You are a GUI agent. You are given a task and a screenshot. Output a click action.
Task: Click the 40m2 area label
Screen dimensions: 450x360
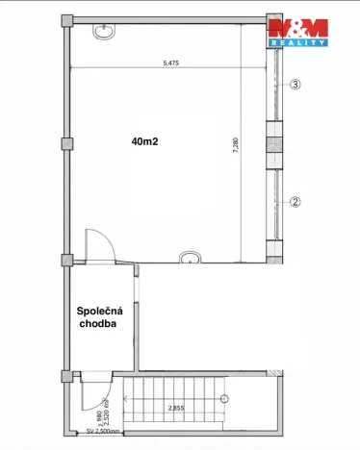146,141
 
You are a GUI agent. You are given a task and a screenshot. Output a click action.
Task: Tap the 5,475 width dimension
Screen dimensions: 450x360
171,62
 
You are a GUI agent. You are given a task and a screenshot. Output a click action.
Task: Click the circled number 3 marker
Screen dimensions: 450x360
296,85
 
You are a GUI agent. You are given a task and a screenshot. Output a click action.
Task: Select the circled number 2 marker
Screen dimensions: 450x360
296,202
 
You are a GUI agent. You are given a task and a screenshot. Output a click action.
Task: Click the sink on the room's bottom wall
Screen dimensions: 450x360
188,257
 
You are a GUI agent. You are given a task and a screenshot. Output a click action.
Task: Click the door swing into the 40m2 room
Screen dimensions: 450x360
97,245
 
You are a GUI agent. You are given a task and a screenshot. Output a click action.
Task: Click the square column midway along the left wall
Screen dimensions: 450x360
66,144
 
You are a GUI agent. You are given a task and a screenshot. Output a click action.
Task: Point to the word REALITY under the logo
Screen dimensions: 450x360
298,43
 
